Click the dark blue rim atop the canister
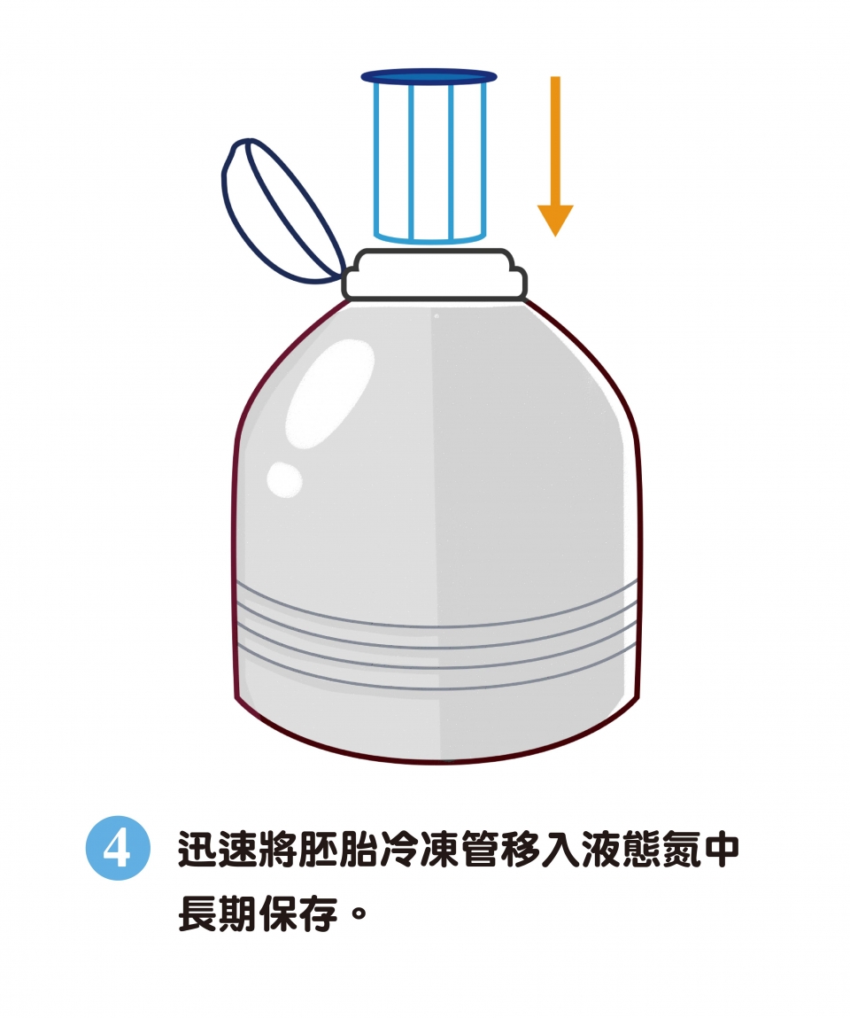point(429,76)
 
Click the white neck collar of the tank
point(434,275)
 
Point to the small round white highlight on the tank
point(284,479)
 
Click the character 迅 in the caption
point(197,848)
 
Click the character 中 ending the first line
point(721,848)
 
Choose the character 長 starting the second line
point(197,913)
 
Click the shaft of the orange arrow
point(555,141)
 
